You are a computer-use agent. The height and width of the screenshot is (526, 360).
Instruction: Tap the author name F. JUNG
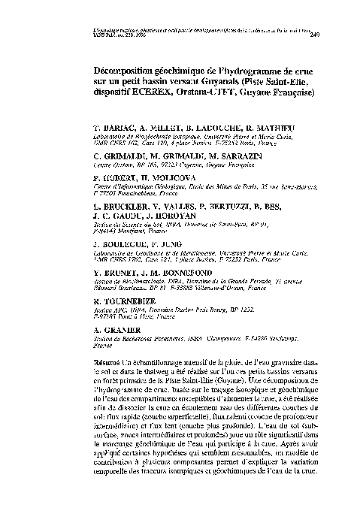[181, 267]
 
